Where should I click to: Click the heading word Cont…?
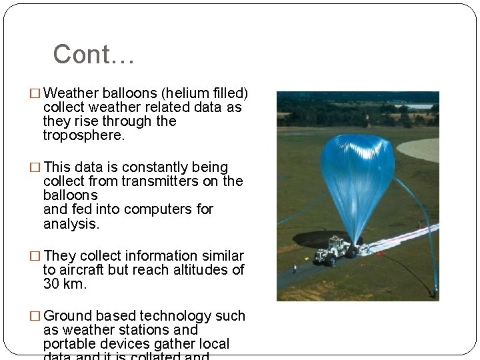(x=93, y=55)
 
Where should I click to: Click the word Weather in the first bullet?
(x=71, y=93)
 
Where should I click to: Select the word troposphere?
(x=83, y=135)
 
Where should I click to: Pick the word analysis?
(x=71, y=224)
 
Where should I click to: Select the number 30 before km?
(x=51, y=284)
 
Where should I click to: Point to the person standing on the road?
(x=294, y=269)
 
